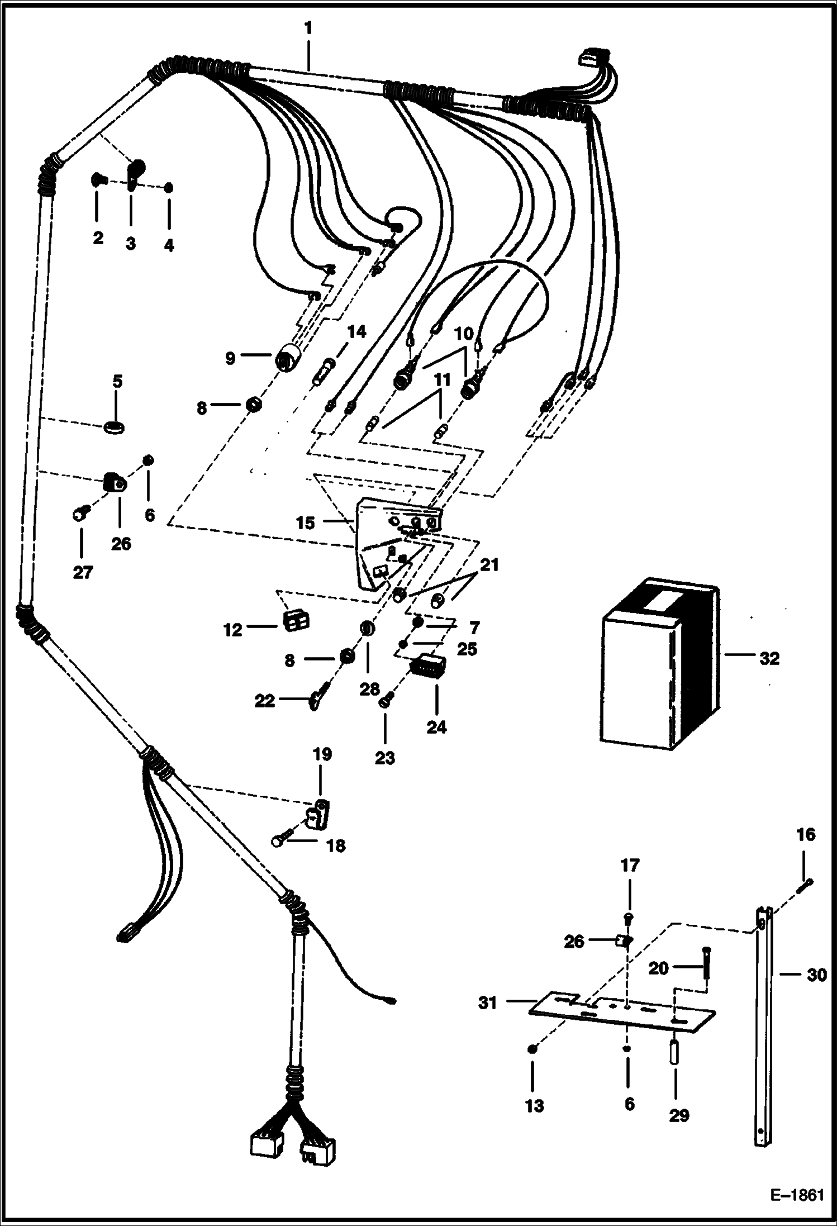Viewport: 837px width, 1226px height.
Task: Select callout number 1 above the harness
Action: (308, 27)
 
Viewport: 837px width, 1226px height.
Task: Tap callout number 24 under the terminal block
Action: (436, 727)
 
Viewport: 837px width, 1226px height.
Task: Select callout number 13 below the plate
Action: (534, 1105)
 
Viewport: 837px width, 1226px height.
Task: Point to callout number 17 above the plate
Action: (630, 866)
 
